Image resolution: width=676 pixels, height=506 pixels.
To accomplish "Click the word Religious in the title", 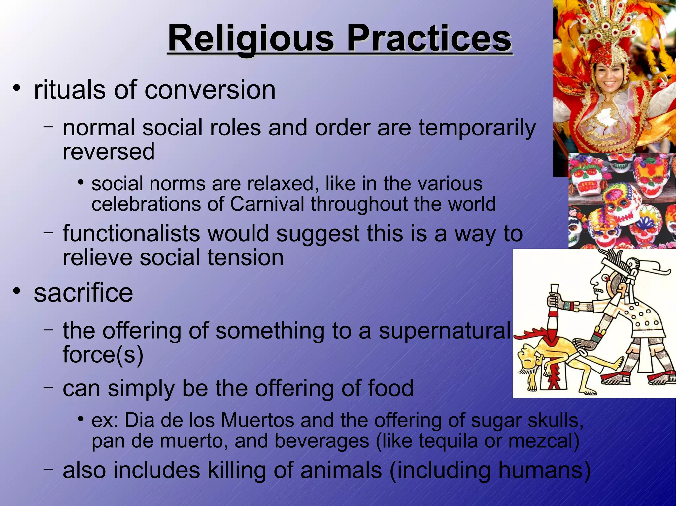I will click(251, 39).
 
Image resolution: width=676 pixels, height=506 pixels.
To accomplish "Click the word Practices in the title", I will click(429, 39).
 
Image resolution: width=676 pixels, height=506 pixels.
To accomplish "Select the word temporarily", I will click(477, 129).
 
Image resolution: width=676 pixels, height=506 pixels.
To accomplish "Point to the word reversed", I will click(109, 152).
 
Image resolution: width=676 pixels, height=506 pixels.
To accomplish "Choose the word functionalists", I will click(131, 233).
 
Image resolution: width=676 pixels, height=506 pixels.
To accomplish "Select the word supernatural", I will click(444, 331).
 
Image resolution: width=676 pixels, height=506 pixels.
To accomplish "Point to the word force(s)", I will click(103, 355).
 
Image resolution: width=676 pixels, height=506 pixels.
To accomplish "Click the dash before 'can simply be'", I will click(49, 387).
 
